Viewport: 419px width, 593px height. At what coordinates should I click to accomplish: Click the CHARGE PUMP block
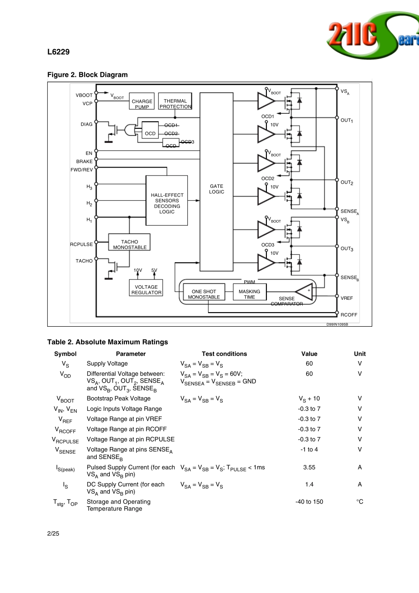click(142, 101)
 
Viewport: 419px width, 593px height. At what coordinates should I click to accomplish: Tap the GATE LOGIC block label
click(217, 189)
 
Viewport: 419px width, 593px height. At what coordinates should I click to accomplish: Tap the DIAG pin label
click(86, 124)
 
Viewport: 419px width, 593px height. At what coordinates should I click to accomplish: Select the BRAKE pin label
click(84, 161)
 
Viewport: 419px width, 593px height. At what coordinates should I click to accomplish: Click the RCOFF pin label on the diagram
click(349, 315)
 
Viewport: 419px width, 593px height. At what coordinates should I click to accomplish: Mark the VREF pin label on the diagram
click(347, 298)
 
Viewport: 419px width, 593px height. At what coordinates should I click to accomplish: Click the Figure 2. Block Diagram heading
click(87, 75)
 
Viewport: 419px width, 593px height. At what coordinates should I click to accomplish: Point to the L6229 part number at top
click(58, 52)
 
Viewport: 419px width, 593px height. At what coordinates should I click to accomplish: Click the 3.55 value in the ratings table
click(309, 467)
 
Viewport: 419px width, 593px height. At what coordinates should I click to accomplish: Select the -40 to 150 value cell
click(309, 502)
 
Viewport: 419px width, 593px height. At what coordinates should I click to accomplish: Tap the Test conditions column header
click(224, 354)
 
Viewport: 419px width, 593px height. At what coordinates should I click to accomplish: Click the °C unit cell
click(359, 502)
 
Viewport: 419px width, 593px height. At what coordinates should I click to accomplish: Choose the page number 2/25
click(53, 533)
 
